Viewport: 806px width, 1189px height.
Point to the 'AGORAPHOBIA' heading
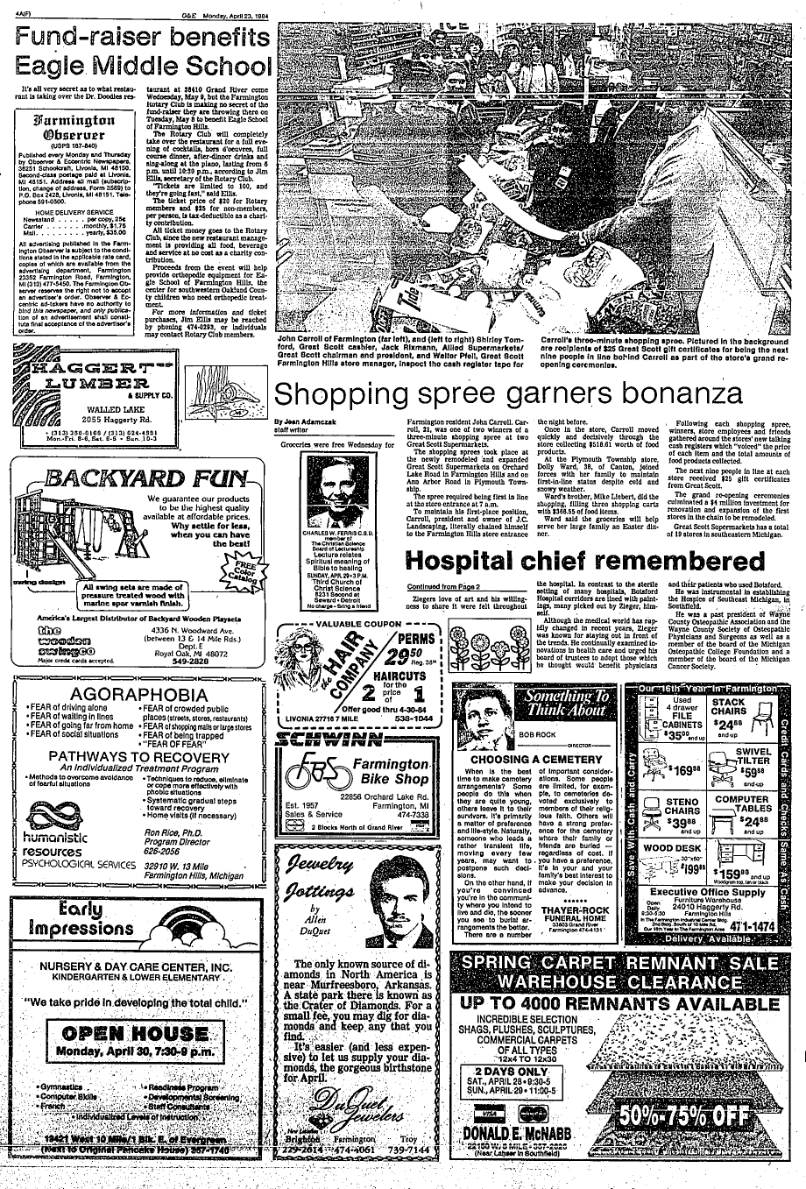point(138,697)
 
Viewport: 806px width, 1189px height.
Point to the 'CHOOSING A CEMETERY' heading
point(524,759)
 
